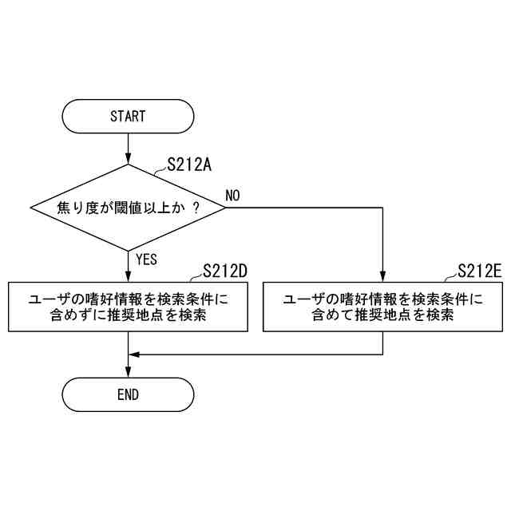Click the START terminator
pyautogui.click(x=128, y=116)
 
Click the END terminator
pyautogui.click(x=128, y=394)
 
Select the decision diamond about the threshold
pyautogui.click(x=128, y=208)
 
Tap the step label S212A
pyautogui.click(x=188, y=165)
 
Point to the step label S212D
pyautogui.click(x=225, y=271)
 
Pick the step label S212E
pyautogui.click(x=480, y=271)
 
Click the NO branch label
pyautogui.click(x=233, y=196)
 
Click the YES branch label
pyautogui.click(x=147, y=259)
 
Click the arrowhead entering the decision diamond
pyautogui.click(x=128, y=160)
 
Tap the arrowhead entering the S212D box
pyautogui.click(x=128, y=277)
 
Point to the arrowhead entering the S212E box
pyautogui.click(x=383, y=277)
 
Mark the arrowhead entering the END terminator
pyautogui.click(x=128, y=372)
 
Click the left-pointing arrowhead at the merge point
pyautogui.click(x=133, y=354)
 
